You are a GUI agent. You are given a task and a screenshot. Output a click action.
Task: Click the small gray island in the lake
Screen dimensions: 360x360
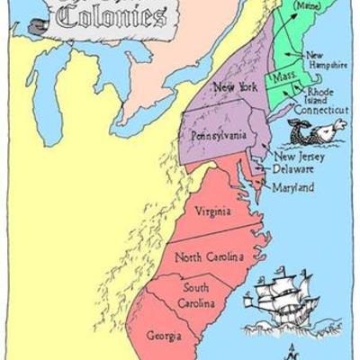34,26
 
